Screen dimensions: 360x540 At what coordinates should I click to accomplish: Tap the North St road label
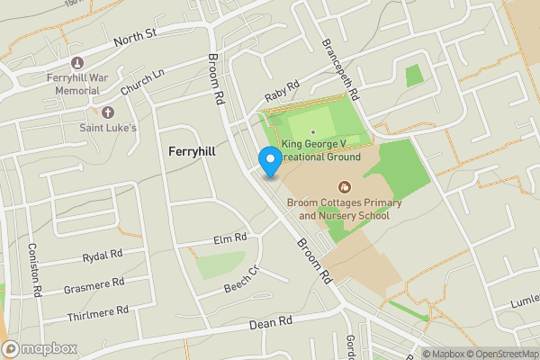(136, 38)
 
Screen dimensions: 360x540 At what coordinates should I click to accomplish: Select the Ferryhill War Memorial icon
(76, 63)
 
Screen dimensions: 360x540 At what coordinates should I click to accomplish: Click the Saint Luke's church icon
(109, 112)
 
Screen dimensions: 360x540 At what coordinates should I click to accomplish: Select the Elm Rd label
(230, 239)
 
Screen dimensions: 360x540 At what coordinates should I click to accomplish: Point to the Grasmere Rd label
(94, 287)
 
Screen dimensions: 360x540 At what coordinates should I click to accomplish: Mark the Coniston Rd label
(37, 271)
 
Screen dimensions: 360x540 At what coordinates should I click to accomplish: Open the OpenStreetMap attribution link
(499, 354)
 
